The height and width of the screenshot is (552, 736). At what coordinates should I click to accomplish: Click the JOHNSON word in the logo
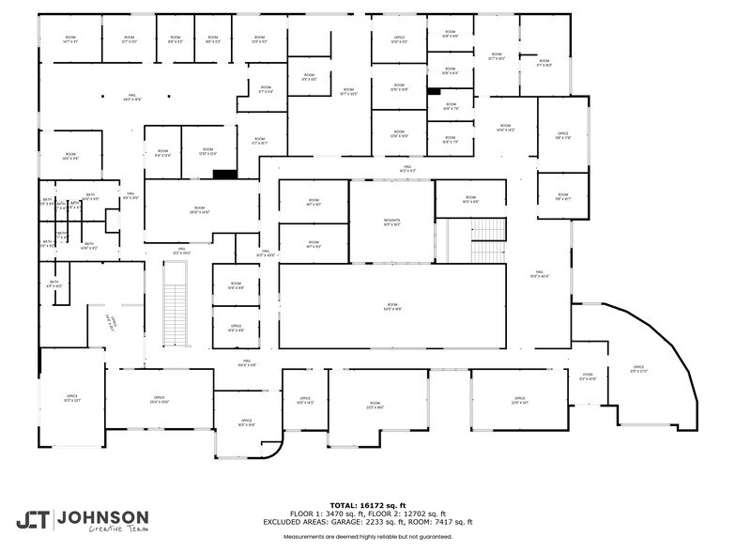coord(102,517)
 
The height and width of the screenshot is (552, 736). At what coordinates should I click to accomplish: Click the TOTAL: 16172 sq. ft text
coord(367,506)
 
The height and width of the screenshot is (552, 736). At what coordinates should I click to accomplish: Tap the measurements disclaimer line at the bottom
coord(367,536)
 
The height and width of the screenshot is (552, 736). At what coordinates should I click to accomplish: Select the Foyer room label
coord(588,376)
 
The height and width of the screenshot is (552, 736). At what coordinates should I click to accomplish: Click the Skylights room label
coord(391,222)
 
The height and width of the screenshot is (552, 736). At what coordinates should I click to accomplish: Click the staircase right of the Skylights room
coord(487,239)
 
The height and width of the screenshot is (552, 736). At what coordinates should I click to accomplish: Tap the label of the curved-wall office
coord(638,369)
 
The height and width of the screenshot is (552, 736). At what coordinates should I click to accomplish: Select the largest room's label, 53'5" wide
coord(391,306)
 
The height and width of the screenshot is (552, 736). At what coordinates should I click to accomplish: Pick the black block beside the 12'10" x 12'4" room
coord(224,174)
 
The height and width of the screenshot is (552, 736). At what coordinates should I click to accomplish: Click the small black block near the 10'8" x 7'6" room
coord(433,91)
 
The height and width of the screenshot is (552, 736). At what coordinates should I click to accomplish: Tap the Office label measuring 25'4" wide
coord(160,400)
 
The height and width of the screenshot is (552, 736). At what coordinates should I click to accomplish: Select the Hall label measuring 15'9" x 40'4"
coord(539,274)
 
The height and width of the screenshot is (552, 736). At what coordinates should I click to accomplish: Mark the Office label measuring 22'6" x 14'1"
coord(519,400)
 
